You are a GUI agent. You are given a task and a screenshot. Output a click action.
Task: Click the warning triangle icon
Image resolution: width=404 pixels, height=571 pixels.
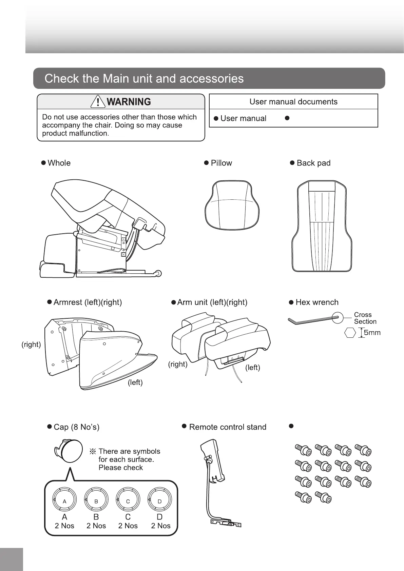98,101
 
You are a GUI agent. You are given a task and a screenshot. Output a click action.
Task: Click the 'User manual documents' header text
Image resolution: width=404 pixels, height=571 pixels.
293,102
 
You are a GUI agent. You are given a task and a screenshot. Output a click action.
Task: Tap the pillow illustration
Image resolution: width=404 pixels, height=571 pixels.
232,205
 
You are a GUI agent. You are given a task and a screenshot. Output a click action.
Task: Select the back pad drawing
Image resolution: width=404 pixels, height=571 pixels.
322,226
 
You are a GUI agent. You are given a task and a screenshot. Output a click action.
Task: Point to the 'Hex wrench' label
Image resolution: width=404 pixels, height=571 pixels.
317,302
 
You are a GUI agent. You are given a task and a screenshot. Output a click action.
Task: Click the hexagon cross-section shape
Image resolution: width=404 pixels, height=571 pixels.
350,333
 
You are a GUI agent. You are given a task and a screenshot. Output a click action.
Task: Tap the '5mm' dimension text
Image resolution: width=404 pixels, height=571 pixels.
372,333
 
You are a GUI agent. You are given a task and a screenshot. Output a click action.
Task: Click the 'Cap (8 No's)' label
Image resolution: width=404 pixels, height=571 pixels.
76,427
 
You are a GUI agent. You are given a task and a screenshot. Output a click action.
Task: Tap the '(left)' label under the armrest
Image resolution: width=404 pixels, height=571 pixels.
135,382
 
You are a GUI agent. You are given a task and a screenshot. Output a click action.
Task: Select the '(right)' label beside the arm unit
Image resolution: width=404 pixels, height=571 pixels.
178,364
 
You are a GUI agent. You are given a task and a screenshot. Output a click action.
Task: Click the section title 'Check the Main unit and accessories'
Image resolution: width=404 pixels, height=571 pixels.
144,79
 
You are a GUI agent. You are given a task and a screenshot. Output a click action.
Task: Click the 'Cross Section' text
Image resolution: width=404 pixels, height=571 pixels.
365,318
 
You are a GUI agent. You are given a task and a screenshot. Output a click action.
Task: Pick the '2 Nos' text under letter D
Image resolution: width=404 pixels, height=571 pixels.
161,526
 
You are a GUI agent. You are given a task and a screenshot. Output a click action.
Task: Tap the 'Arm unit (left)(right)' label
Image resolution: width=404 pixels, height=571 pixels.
212,302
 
